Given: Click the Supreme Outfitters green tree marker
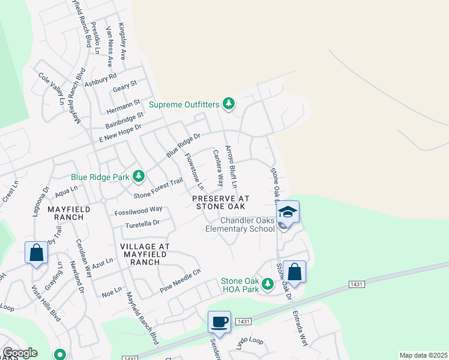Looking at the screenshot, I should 228,104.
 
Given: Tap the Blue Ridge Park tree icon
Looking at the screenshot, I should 139,176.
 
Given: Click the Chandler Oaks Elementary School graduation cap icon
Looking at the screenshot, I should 288,212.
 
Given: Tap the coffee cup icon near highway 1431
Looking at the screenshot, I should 220,322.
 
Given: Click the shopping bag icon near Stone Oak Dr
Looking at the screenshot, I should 295,271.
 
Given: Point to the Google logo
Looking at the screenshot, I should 20,353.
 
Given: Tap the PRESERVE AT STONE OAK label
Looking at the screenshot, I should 220,202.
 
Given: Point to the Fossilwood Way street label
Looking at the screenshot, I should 139,210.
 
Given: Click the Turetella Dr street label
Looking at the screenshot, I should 142,223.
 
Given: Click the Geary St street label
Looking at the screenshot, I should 125,86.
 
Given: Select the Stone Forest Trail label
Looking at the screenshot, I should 158,188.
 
